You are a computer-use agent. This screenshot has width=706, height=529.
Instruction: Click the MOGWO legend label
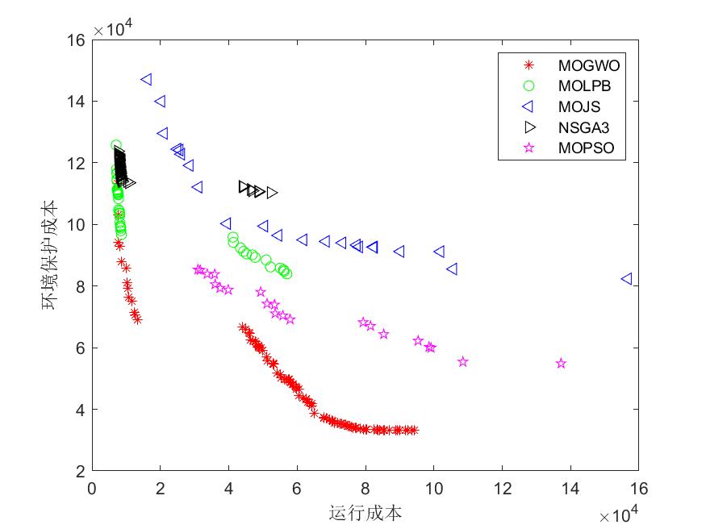[x=588, y=65]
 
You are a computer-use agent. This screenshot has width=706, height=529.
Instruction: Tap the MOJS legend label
[x=579, y=106]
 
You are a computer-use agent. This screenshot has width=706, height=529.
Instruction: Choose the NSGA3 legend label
[x=584, y=127]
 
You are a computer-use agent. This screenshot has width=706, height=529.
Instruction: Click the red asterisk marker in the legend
[x=529, y=65]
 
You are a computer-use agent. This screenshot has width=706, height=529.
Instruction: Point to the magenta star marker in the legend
[x=529, y=148]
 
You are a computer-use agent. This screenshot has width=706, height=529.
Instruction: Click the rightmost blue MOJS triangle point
[x=626, y=278]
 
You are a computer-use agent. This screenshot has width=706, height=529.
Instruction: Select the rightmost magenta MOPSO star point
[x=561, y=364]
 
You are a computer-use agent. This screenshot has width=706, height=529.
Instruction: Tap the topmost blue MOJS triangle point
[x=146, y=79]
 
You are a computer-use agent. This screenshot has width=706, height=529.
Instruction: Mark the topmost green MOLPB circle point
[x=116, y=145]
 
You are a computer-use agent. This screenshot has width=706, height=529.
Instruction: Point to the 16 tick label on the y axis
[x=77, y=40]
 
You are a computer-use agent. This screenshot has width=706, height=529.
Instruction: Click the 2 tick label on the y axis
[x=81, y=470]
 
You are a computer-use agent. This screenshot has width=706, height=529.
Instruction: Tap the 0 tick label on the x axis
[x=92, y=488]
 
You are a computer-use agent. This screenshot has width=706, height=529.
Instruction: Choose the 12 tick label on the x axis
[x=502, y=488]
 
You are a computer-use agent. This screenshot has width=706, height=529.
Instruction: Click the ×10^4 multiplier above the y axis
[x=112, y=30]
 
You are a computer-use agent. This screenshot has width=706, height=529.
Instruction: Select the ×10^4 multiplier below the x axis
[x=619, y=514]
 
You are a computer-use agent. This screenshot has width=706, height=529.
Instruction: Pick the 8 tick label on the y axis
[x=81, y=285]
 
